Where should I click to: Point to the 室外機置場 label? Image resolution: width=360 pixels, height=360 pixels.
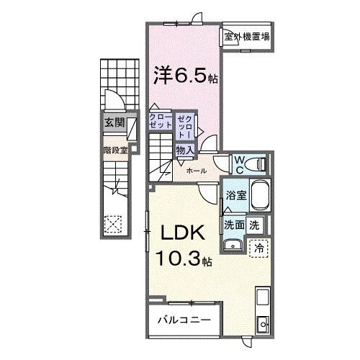(246, 36)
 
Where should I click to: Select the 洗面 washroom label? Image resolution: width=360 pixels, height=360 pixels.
(234, 224)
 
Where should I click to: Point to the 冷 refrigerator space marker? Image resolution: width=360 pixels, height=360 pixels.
(257, 247)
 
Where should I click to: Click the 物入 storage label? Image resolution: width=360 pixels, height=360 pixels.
(184, 150)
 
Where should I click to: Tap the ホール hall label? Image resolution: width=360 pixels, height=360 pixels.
(197, 171)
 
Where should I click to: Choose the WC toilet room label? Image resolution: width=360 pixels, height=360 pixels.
(238, 164)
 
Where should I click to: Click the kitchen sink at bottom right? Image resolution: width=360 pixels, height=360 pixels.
(262, 323)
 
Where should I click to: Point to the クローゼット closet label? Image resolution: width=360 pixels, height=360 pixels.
(160, 120)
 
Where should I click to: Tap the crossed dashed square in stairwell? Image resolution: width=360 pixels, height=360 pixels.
(112, 224)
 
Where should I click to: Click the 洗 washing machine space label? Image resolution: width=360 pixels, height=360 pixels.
(254, 224)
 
